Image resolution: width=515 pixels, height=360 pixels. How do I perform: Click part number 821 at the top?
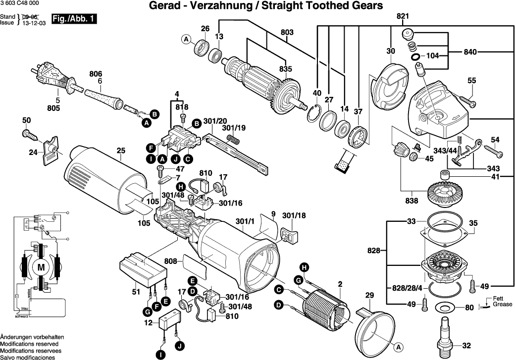tap(402, 16)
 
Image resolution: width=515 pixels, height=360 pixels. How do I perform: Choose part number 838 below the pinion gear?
tap(412, 201)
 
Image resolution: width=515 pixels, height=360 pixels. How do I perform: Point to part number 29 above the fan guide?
tap(368, 296)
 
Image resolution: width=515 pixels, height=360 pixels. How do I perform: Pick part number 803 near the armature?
tap(287, 33)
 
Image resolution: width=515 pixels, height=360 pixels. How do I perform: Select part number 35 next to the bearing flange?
tap(473, 223)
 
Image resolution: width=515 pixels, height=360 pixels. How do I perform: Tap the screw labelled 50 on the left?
tap(30, 133)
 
